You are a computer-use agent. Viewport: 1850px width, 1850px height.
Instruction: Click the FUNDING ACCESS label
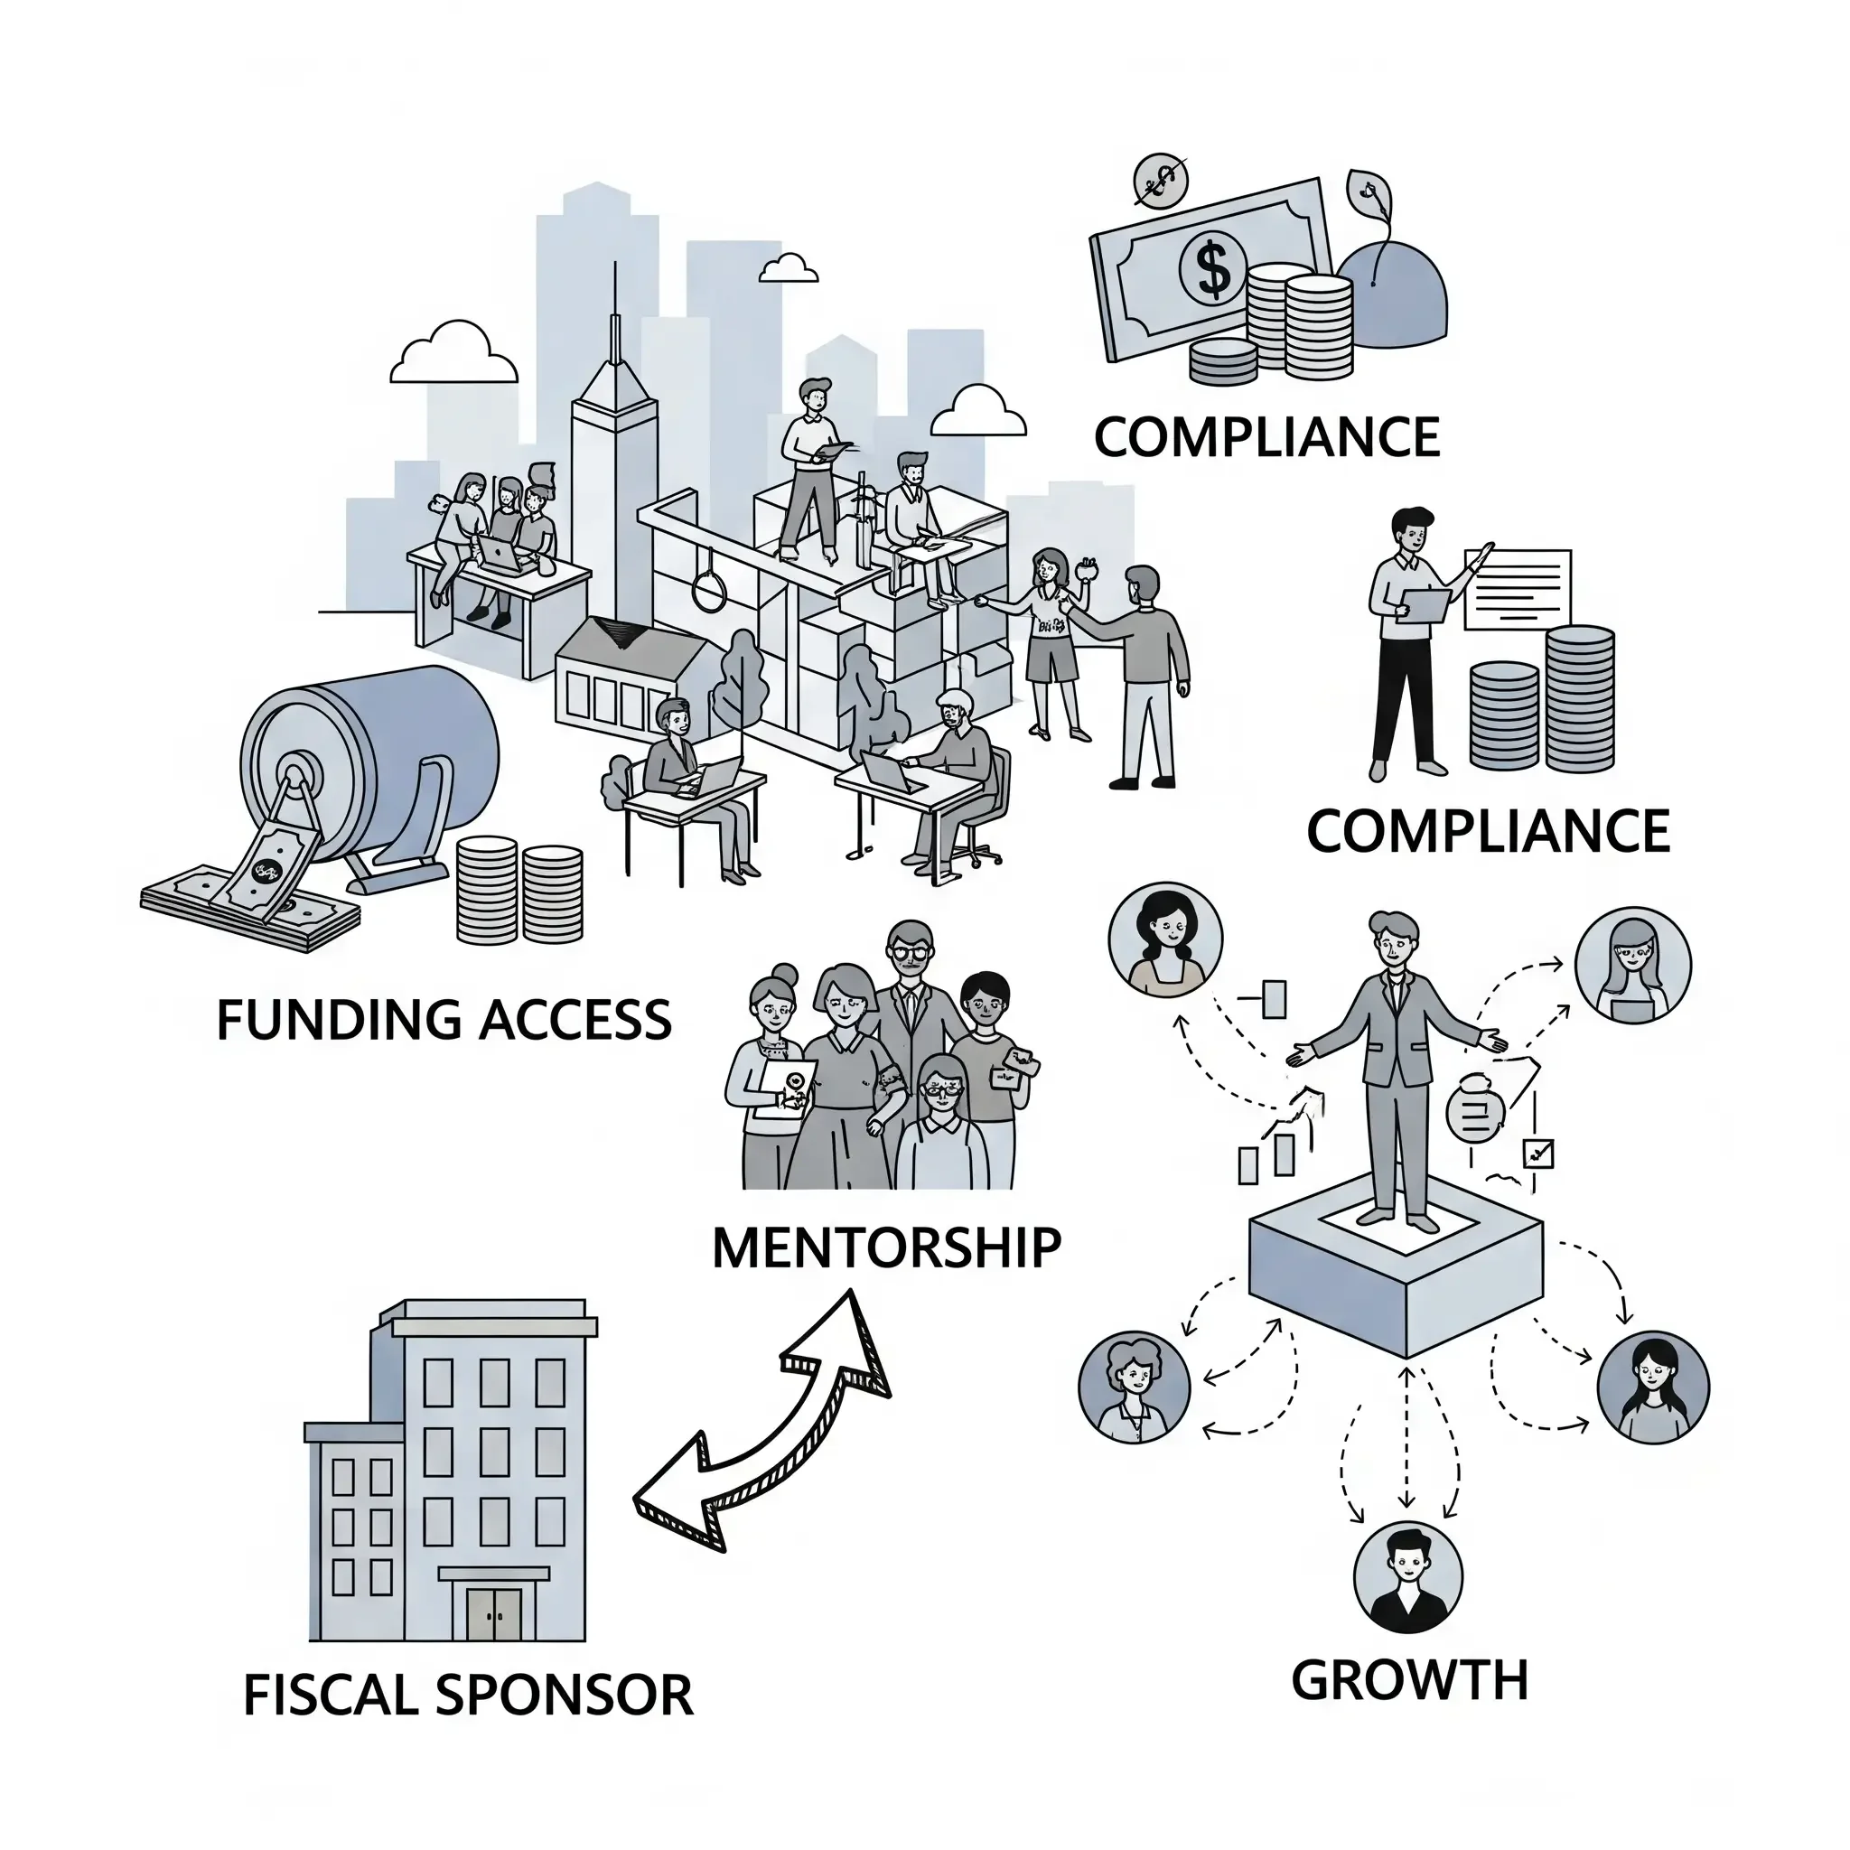point(444,1020)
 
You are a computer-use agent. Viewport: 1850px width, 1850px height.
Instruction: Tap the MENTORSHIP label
point(887,1247)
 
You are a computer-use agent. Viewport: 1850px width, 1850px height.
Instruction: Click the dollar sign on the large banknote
point(1213,269)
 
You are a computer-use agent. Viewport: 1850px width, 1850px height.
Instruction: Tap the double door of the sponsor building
point(494,1613)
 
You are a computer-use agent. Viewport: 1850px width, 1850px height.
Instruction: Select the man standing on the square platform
point(1394,1068)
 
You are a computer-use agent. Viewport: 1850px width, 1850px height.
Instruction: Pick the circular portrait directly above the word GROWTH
point(1407,1577)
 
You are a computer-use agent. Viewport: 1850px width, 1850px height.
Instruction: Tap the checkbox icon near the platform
point(1537,1152)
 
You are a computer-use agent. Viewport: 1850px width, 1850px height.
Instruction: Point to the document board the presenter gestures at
point(1518,589)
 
